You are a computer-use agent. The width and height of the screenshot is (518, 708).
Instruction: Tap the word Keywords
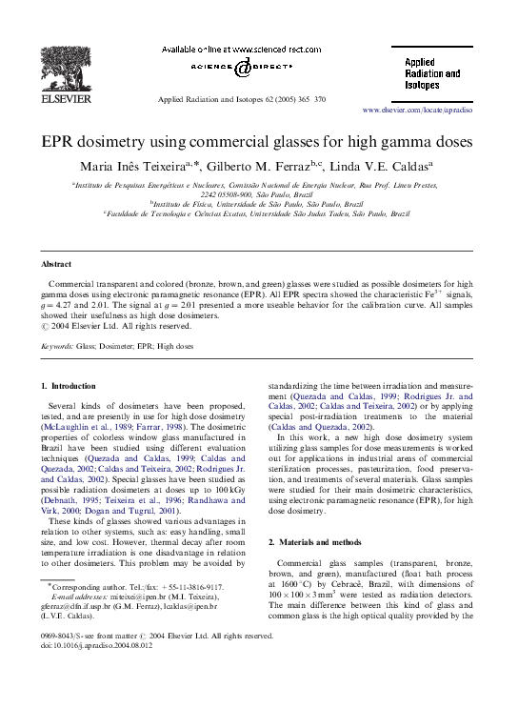click(x=57, y=349)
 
